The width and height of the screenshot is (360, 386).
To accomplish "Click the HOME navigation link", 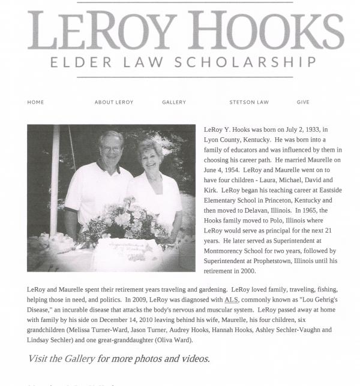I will [x=35, y=102].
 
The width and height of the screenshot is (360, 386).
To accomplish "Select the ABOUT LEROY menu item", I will [x=114, y=102].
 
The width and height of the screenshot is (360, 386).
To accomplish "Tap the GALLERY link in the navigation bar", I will [x=174, y=102].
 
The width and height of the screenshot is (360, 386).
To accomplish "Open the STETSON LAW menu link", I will [x=249, y=102].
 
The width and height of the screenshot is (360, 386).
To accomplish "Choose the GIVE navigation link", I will [x=303, y=102].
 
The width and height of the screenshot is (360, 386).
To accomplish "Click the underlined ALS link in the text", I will [x=231, y=299].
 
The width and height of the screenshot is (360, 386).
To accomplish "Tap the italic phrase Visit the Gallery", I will [x=61, y=359].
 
